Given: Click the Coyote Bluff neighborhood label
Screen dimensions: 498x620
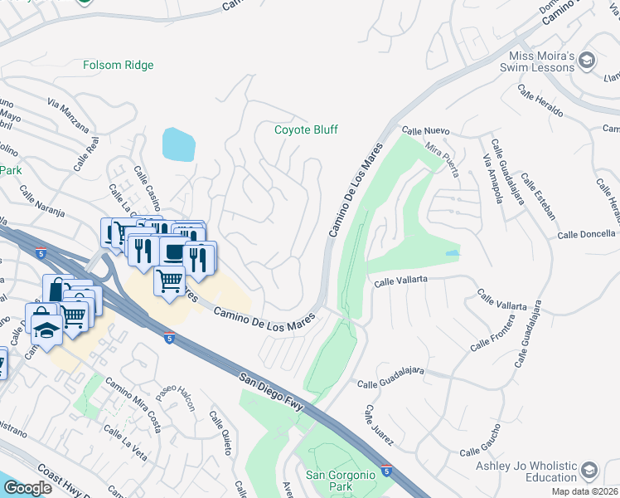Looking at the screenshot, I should [307, 129].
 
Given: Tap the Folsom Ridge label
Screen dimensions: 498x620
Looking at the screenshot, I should [119, 64].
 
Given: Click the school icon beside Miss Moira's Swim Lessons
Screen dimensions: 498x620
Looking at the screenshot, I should [587, 60].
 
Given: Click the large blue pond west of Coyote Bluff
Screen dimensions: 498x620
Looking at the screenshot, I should [179, 144].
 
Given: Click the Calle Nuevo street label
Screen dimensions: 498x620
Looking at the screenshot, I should [425, 131].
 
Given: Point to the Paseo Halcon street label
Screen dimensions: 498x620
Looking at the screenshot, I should [182, 397].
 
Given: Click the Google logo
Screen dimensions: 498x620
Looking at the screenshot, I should [27, 488].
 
